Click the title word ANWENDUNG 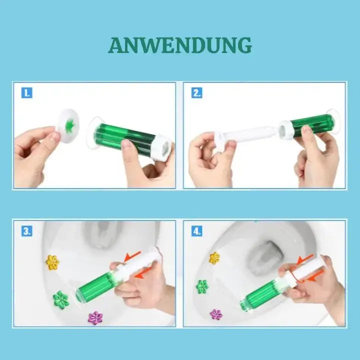180,45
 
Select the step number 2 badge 197,93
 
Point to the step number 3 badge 26,231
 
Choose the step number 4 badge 197,231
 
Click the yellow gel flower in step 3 52,262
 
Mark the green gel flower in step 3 61,299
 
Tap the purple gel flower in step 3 95,317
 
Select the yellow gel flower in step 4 214,258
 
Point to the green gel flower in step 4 202,286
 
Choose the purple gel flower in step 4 216,314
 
